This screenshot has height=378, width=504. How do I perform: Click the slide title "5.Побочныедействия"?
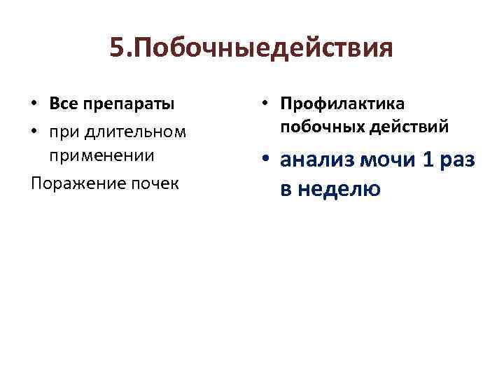(251, 50)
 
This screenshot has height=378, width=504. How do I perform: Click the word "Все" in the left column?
(64, 104)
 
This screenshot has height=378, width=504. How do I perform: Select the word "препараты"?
(129, 104)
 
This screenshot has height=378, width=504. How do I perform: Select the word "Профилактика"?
(342, 104)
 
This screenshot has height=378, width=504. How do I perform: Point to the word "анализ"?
(318, 160)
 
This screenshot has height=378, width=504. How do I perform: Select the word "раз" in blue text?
(458, 160)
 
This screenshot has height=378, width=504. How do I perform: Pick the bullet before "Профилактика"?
(267, 104)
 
